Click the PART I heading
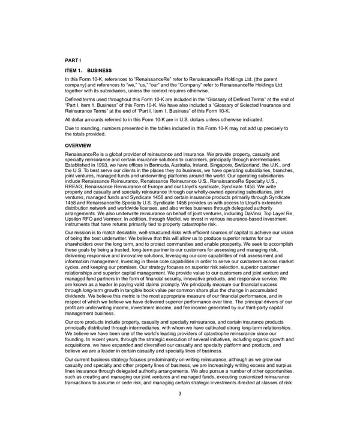pyautogui.click(x=73, y=61)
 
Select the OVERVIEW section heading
pyautogui.click(x=78, y=145)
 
